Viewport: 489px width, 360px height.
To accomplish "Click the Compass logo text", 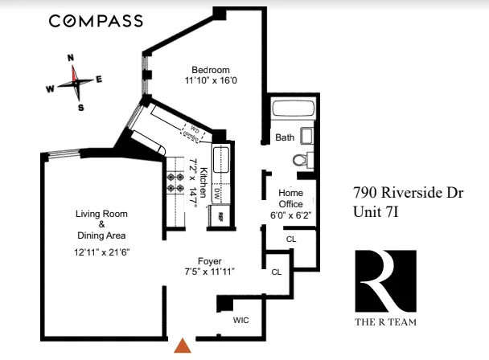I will point(96,21).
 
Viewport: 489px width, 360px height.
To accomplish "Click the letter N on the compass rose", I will point(71,58).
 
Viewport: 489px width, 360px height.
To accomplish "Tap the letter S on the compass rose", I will point(80,108).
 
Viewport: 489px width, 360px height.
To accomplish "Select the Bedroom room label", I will point(211,69).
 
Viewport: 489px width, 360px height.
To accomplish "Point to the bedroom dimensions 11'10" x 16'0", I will point(211,80).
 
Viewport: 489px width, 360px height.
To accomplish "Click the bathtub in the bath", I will point(294,110).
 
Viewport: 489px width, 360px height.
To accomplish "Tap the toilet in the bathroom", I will point(303,158).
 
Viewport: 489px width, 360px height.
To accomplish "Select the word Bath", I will point(285,137).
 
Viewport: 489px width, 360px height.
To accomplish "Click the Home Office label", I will point(290,198).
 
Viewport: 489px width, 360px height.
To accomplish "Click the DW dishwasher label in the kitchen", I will point(216,194).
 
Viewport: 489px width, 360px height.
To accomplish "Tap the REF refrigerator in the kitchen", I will point(216,215).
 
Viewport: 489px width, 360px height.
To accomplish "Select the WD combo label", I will point(193,131).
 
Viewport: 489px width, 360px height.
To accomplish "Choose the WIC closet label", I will point(240,320).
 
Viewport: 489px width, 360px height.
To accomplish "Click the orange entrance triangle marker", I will point(183,346).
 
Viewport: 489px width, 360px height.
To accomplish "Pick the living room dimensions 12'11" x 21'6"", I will point(101,252).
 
